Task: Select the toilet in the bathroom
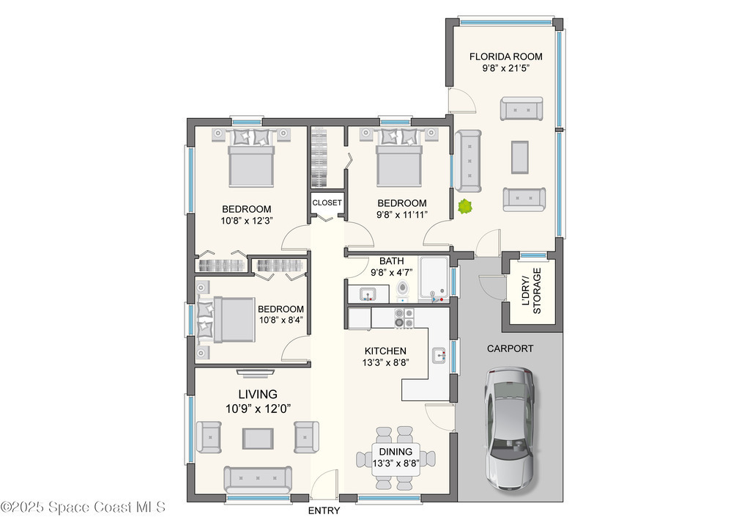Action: [404, 290]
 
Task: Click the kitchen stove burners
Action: [404, 318]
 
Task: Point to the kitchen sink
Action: [439, 355]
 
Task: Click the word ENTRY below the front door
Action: [324, 511]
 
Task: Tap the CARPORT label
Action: [510, 348]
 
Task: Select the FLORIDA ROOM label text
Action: [505, 56]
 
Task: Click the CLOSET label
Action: [327, 202]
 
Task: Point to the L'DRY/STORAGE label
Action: [532, 290]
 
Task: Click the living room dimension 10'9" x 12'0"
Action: [259, 409]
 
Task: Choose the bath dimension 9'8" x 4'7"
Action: [392, 272]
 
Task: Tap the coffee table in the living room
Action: [259, 438]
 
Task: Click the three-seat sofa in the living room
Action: [258, 479]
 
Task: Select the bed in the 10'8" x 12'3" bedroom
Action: [252, 158]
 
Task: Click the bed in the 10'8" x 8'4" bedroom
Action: [227, 320]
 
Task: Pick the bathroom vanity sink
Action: [368, 293]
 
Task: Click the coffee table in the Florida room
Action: [520, 157]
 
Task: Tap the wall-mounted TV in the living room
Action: [256, 372]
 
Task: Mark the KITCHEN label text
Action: [385, 351]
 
